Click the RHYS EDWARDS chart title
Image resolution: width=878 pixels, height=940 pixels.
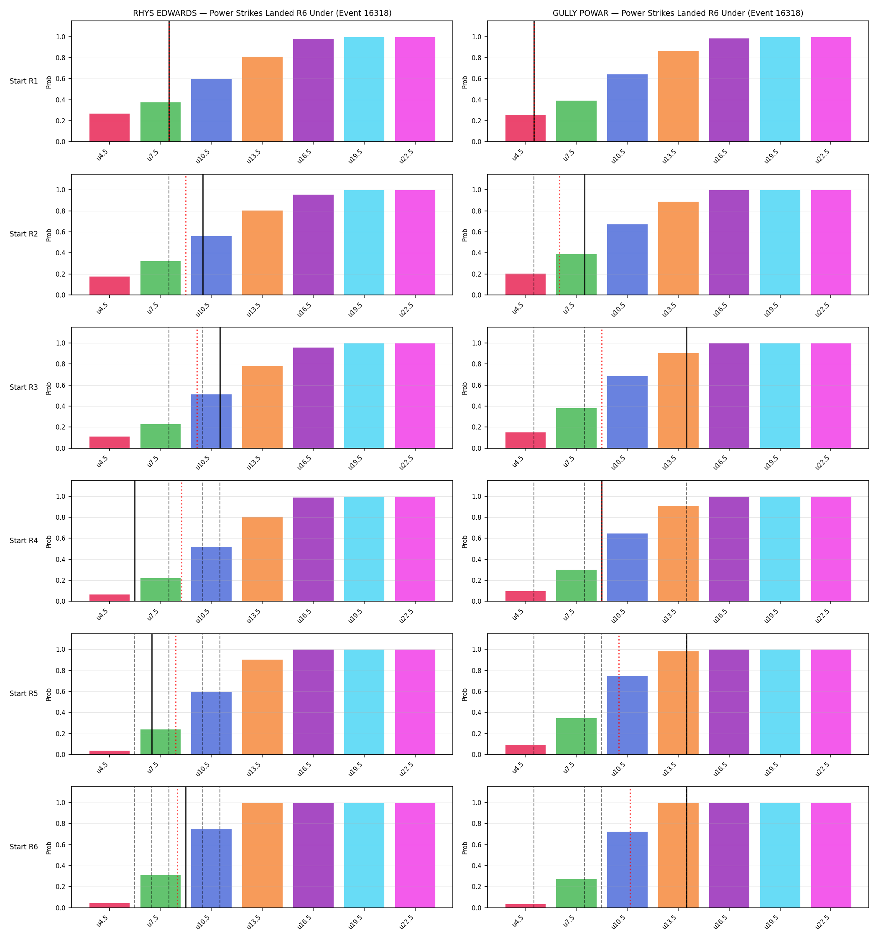pyautogui.click(x=262, y=13)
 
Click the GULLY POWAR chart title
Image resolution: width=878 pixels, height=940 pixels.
pyautogui.click(x=678, y=13)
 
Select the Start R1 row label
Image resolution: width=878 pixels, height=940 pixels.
pyautogui.click(x=24, y=81)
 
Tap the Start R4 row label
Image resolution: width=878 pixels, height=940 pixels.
pyautogui.click(x=24, y=541)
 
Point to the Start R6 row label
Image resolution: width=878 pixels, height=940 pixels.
pyautogui.click(x=24, y=847)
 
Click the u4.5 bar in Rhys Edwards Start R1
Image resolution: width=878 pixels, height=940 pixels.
pyautogui.click(x=110, y=128)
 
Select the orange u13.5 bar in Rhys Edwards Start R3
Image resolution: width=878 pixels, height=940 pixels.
pyautogui.click(x=262, y=407)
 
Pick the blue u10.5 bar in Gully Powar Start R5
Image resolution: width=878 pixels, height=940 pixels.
pyautogui.click(x=627, y=715)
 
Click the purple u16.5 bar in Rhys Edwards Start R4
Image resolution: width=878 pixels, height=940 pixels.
pyautogui.click(x=313, y=549)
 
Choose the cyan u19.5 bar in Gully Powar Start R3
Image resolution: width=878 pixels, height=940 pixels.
pyautogui.click(x=780, y=396)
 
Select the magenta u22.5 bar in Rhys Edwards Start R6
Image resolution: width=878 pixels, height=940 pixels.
pyautogui.click(x=415, y=855)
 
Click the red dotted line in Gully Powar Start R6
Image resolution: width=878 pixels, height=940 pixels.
pyautogui.click(x=630, y=847)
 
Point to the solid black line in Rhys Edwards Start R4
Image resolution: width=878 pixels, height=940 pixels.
pyautogui.click(x=135, y=541)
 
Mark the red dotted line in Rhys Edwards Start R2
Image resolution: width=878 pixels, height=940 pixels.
pyautogui.click(x=186, y=234)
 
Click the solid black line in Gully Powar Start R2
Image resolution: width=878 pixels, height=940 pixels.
pyautogui.click(x=584, y=234)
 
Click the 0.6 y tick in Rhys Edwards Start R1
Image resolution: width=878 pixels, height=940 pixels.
pyautogui.click(x=60, y=79)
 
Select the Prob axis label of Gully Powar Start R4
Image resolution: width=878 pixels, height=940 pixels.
pyautogui.click(x=465, y=541)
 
